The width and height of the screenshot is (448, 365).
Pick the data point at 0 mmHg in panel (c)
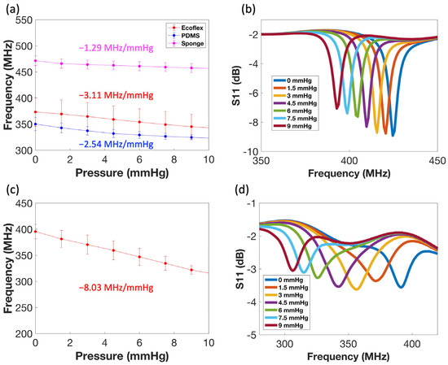(35, 231)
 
